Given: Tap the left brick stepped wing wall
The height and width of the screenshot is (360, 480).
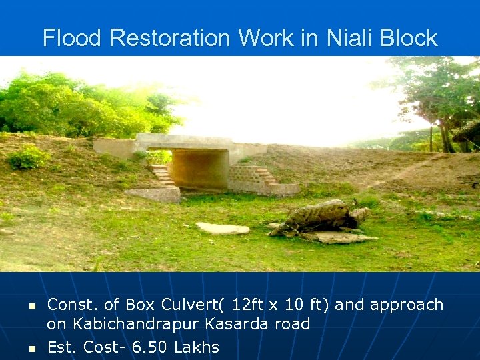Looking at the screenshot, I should tap(163, 176).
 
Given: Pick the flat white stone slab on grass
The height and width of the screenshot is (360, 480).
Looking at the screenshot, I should tap(223, 228).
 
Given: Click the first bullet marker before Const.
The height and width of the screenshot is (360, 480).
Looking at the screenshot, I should tap(31, 306).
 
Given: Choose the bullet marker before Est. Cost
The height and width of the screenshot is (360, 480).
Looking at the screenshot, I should tap(31, 348).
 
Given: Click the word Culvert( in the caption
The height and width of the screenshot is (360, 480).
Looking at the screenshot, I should tap(193, 305).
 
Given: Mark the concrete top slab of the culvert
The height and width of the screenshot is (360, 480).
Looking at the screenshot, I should tap(183, 141).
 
